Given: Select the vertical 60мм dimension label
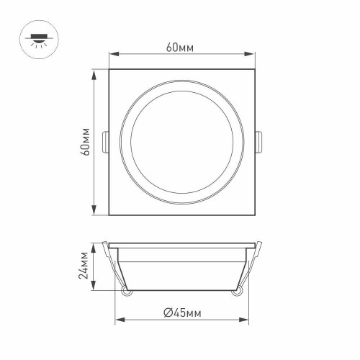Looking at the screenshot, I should [x=85, y=142].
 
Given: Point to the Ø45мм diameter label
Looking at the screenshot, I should [x=181, y=312].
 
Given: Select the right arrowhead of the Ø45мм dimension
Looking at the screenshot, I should [x=244, y=320].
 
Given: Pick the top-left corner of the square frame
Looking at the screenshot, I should [x=109, y=71].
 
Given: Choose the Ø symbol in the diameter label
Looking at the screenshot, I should [x=166, y=312].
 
